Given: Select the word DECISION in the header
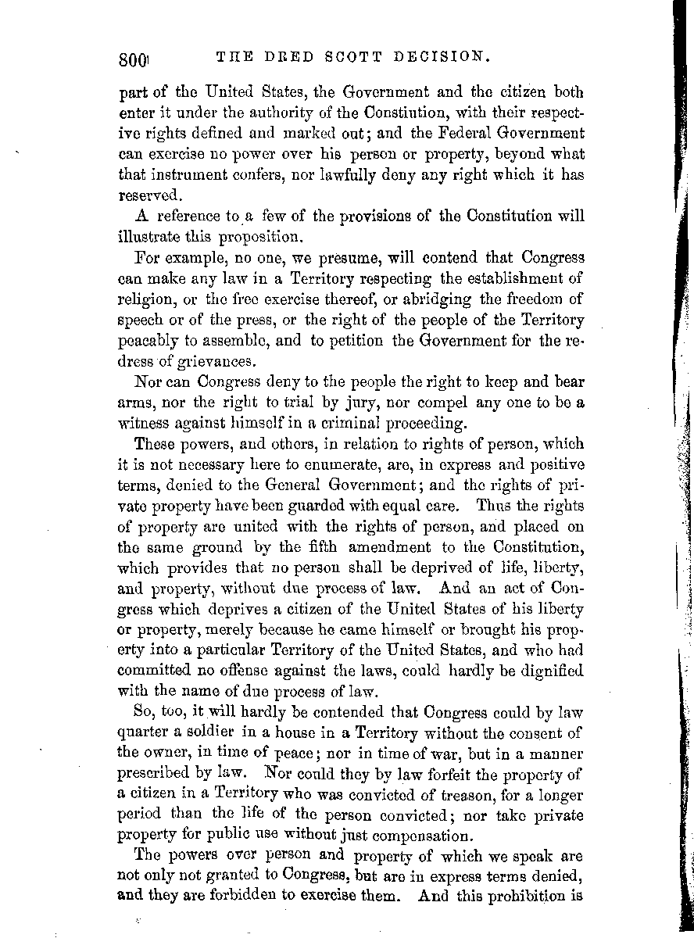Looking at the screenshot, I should pos(443,57).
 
